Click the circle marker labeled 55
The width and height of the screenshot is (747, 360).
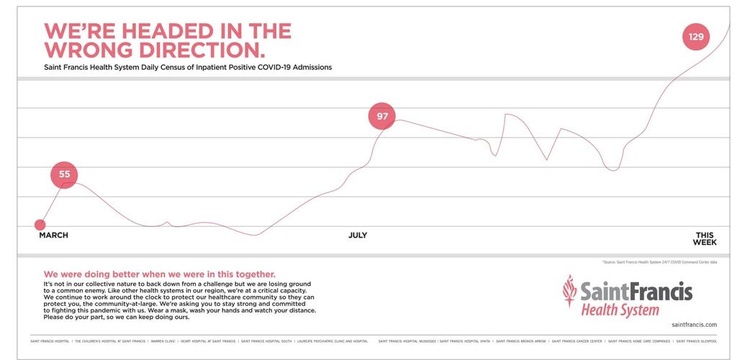[x=64, y=174]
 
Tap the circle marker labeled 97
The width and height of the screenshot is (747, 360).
[x=382, y=117]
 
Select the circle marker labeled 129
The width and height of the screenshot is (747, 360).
[x=696, y=37]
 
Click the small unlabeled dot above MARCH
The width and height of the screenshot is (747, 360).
[x=40, y=225]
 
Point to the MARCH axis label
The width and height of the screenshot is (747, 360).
[x=53, y=235]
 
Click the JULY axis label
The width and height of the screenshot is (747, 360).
[x=358, y=235]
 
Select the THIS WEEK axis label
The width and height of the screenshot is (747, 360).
[x=705, y=239]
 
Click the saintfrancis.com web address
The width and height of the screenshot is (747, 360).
[x=694, y=325]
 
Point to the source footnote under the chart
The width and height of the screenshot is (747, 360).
[x=659, y=262]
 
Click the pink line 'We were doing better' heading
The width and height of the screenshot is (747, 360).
[x=159, y=274]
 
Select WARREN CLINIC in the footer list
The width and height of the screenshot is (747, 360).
[x=163, y=341]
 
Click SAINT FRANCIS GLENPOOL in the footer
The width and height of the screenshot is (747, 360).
[x=697, y=341]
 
